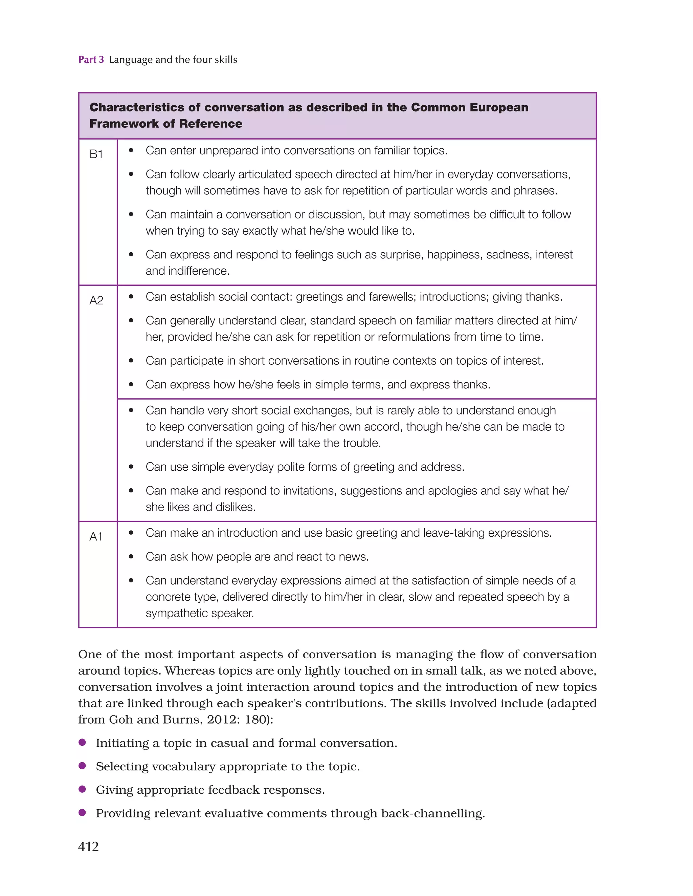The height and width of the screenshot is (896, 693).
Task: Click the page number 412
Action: (88, 846)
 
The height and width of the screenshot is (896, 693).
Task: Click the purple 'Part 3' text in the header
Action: (91, 60)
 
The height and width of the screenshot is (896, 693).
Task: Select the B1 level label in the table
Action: (96, 154)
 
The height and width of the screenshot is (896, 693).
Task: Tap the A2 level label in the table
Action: (96, 300)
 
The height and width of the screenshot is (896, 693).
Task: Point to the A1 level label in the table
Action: (96, 537)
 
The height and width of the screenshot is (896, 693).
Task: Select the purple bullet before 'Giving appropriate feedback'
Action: (82, 789)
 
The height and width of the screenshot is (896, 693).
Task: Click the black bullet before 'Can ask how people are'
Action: (131, 557)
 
